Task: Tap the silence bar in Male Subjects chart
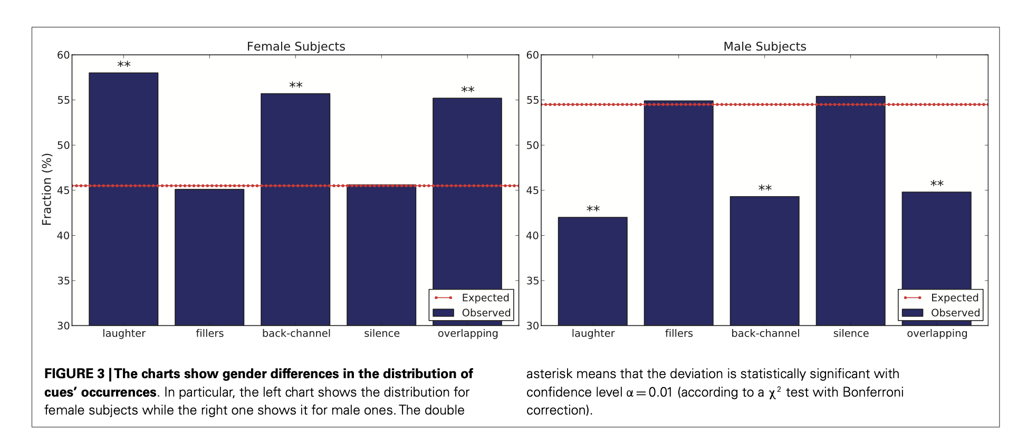[x=850, y=210]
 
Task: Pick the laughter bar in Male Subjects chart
[x=592, y=271]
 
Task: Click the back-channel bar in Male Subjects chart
[x=764, y=261]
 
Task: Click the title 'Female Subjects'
[x=296, y=46]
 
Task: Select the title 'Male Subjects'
[x=764, y=46]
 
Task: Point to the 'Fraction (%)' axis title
[x=47, y=189]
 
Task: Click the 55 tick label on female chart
[x=63, y=100]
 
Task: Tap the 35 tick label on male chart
[x=532, y=281]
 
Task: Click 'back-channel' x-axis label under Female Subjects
[x=296, y=333]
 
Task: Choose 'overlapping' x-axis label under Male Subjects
[x=937, y=333]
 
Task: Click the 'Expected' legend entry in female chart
[x=485, y=298]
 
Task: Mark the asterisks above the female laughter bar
[x=123, y=64]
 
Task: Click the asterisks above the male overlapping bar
[x=937, y=184]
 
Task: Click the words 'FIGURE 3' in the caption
[x=74, y=374]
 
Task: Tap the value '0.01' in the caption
[x=660, y=392]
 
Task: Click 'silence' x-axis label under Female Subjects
[x=381, y=333]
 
